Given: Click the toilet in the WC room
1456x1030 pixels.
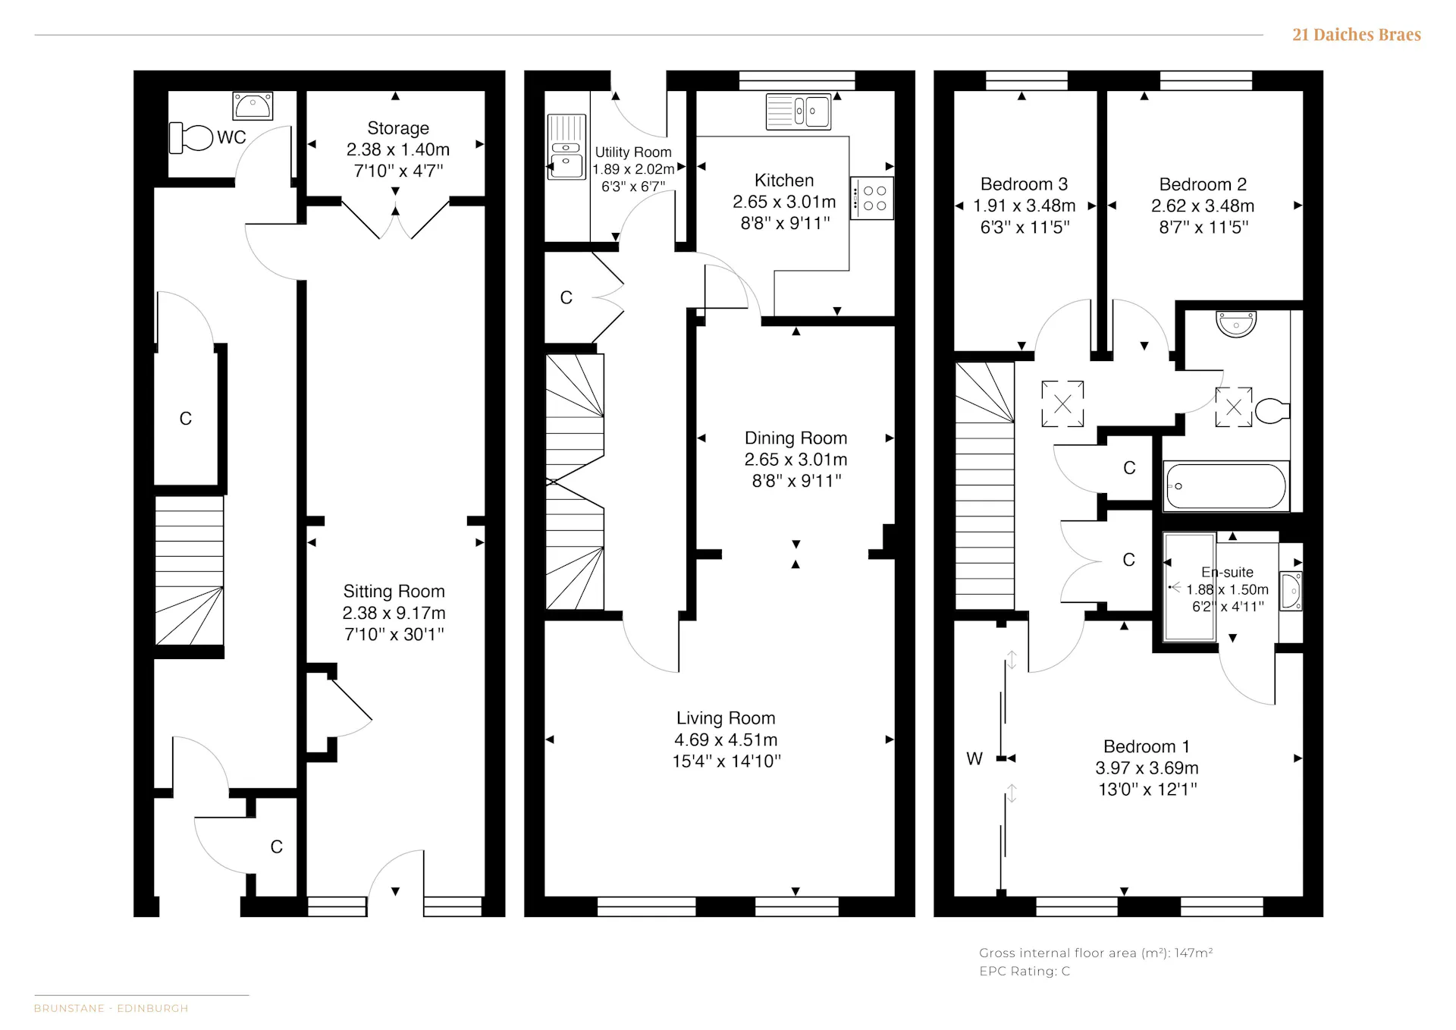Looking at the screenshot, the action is click(190, 137).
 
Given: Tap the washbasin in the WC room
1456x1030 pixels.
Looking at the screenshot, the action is click(253, 106).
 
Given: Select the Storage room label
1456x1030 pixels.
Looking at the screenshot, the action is click(398, 128).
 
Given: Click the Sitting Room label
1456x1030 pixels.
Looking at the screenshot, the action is click(394, 592).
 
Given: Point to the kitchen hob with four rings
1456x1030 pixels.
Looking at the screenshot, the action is click(872, 198).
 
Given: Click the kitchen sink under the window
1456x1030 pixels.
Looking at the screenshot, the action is click(799, 111).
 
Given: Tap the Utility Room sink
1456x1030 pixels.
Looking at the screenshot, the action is click(566, 147).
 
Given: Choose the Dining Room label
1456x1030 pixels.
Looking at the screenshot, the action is click(795, 438).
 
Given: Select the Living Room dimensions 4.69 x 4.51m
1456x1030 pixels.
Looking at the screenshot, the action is click(726, 740).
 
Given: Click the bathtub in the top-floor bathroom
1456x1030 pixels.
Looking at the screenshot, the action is click(1226, 485).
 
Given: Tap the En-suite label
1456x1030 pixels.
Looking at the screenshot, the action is click(1227, 573).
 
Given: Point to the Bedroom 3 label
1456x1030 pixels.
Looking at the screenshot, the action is click(1024, 184).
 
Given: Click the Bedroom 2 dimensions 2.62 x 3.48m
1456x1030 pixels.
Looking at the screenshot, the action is click(1203, 206).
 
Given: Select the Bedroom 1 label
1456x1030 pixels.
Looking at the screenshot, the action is click(1147, 746).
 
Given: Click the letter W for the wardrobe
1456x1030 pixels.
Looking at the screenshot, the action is click(974, 758).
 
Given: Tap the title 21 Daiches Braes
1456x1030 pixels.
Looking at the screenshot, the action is click(1357, 35).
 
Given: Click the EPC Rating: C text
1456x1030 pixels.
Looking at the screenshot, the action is click(1025, 971).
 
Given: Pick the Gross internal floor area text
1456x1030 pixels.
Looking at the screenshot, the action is click(1096, 953).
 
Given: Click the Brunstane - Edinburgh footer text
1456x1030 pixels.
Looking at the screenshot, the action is click(111, 1008).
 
